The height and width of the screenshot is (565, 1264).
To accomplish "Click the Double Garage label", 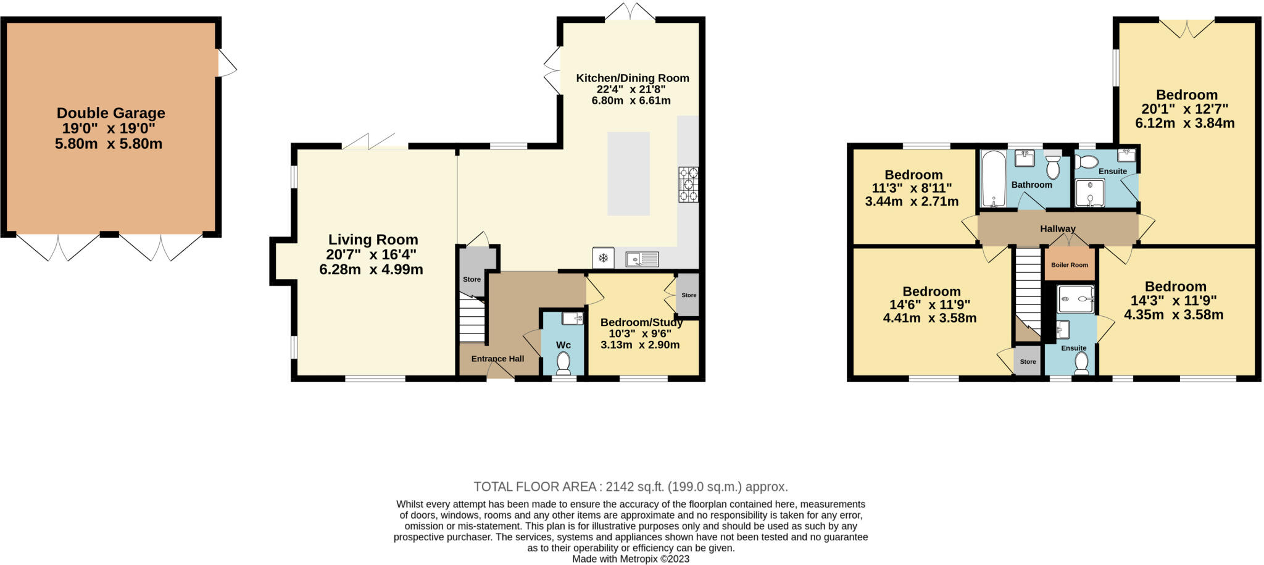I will point(111,113).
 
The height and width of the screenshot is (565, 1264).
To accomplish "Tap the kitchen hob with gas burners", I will point(688,184).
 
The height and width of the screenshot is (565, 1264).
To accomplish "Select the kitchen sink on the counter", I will point(642,259).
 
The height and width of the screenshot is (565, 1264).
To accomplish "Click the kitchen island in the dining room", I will point(628,174).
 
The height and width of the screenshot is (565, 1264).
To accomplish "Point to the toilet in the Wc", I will point(563,363).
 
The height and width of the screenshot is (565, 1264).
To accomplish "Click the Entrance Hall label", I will point(497,359).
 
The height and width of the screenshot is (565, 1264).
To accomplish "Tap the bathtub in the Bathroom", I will point(993,179).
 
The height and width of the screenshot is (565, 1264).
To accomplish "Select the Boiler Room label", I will point(1070,265).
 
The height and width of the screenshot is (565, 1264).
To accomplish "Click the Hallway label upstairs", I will point(1057,228).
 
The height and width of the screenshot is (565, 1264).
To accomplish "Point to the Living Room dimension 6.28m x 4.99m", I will point(371,270).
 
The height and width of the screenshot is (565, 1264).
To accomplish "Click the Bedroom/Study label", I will point(641,322).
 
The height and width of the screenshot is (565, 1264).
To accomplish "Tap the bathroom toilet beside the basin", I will point(1053,167).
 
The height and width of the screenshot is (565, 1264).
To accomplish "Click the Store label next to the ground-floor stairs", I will point(472,279).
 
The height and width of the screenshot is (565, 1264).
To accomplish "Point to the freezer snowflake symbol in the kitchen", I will point(603,258).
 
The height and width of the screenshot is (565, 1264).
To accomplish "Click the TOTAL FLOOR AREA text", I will point(630,487).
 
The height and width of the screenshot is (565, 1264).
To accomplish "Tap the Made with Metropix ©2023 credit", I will point(630,559).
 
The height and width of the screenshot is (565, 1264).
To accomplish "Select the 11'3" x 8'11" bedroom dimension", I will point(912,188).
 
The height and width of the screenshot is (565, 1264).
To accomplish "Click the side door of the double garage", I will point(226,63).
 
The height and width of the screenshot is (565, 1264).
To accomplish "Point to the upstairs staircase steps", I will point(1028,290).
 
